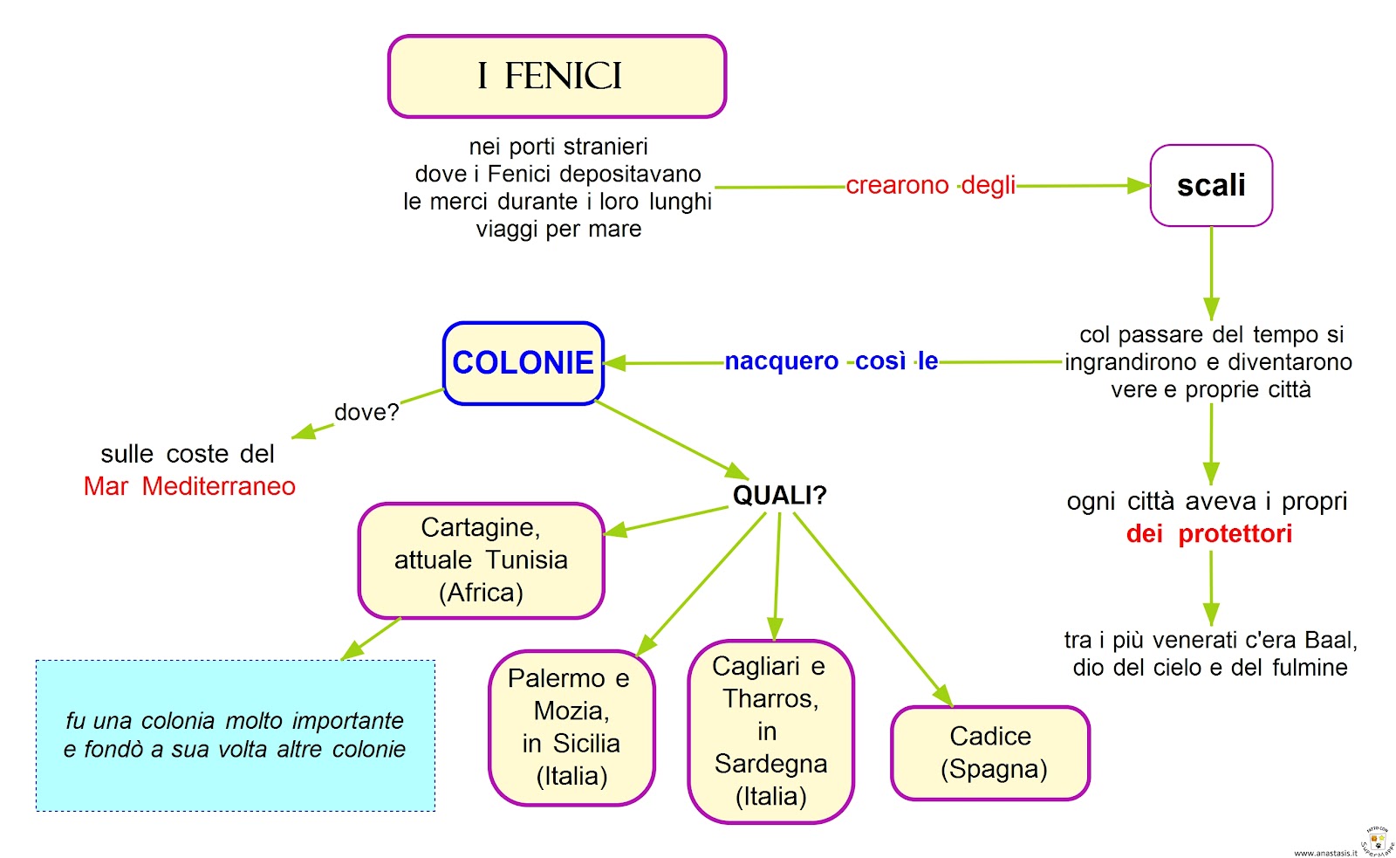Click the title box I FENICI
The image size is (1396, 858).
coord(557,77)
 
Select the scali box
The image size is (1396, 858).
coord(1211,185)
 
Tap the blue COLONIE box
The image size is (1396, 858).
coord(523,363)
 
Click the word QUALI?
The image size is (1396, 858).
coord(779,496)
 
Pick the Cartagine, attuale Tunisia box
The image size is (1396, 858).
coord(481,560)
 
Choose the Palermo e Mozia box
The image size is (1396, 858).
coord(571,727)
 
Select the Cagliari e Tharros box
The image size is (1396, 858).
coord(770,731)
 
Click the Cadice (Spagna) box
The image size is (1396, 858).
coord(990,752)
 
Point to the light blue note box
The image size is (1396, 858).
coord(236,735)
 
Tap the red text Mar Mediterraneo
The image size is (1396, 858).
coord(189,486)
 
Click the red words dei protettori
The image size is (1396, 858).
coord(1209,533)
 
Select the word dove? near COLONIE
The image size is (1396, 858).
coord(366,412)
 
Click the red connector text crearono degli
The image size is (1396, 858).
coord(930,185)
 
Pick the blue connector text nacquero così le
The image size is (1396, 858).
coord(831,361)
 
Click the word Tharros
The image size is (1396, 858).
coord(770,698)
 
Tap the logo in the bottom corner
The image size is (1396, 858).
coord(1377,842)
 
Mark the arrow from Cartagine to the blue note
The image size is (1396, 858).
coord(371,639)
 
